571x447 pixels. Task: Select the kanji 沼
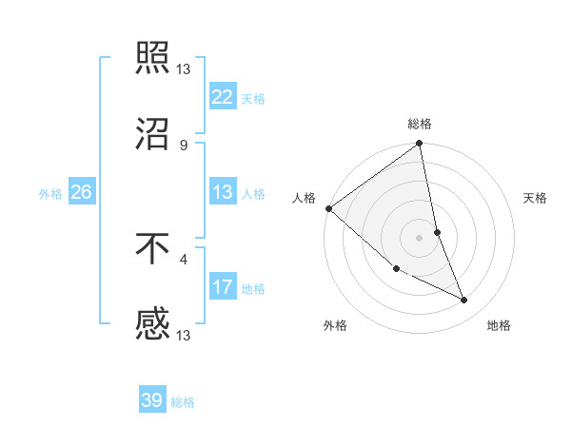(152, 133)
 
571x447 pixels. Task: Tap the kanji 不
(152, 249)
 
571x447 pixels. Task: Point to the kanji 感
(152, 324)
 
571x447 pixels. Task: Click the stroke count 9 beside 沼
(184, 145)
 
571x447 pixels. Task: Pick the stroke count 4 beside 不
(184, 259)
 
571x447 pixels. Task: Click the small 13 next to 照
(184, 69)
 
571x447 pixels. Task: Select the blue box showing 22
(222, 96)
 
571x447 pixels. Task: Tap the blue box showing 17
(222, 286)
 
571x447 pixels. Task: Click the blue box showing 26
(81, 192)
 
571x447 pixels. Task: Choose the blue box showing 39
(152, 400)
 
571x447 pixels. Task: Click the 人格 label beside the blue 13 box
(253, 193)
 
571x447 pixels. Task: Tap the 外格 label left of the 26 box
(50, 193)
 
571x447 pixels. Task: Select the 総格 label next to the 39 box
(183, 402)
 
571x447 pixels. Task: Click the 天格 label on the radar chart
(536, 198)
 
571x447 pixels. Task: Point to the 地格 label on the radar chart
(499, 326)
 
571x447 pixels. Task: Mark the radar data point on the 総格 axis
(419, 145)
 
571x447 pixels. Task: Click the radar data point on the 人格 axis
(328, 208)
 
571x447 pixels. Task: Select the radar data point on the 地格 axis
(464, 301)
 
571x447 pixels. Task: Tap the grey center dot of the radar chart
(419, 238)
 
